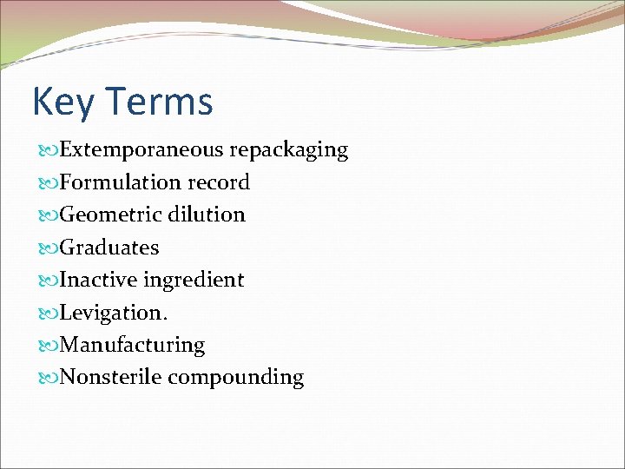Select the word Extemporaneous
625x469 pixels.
click(141, 149)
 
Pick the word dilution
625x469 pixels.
click(207, 215)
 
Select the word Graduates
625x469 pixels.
click(109, 248)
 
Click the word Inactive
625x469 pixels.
click(99, 280)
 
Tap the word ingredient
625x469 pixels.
click(194, 281)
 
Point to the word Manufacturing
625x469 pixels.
click(132, 346)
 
